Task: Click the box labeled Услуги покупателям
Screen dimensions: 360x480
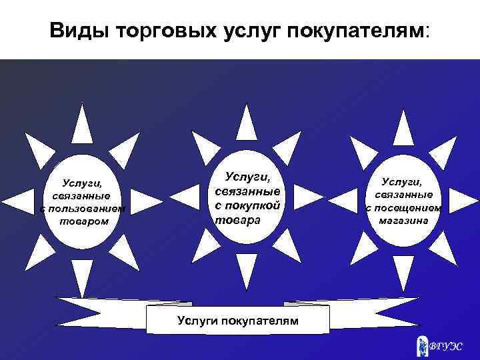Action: point(237,321)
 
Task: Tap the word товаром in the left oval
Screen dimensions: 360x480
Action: point(83,221)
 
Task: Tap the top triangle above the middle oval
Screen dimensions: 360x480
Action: point(247,123)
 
